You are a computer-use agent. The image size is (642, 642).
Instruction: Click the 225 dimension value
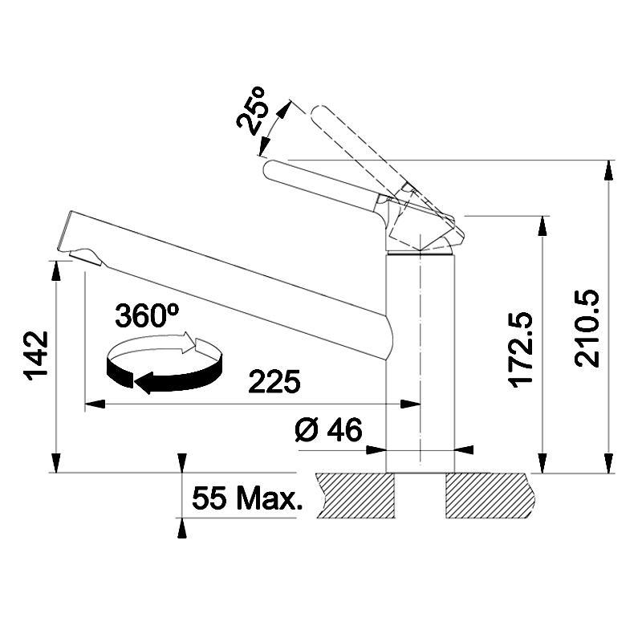point(274,381)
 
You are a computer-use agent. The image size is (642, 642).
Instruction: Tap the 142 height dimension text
point(36,356)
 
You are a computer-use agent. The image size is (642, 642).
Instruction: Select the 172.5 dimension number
point(520,350)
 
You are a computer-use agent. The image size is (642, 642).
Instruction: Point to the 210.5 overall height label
point(587,328)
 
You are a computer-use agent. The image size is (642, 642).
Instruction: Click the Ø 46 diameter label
point(329,430)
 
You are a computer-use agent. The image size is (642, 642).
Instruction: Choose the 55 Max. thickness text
point(247,498)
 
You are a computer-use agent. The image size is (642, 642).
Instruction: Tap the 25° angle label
point(252,111)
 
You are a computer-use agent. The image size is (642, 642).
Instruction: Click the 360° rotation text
point(147,315)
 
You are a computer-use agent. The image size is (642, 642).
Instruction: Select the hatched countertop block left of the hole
point(356,495)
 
